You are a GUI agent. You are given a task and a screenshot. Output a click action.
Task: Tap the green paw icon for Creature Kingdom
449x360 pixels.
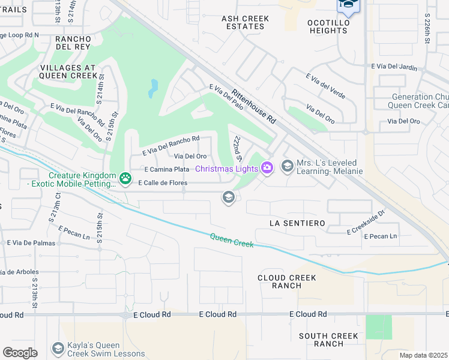(125, 178)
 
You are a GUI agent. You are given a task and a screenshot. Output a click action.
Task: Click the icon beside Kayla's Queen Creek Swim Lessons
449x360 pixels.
(58, 348)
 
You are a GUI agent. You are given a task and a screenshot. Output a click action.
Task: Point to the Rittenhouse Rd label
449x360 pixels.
(253, 106)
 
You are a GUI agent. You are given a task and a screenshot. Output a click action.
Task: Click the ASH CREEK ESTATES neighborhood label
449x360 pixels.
(246, 23)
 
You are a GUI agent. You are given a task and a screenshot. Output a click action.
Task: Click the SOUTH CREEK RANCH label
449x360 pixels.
(329, 340)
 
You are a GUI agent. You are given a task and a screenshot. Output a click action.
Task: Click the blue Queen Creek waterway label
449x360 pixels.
(232, 241)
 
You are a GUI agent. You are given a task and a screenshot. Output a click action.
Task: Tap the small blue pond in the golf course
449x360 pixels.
(154, 88)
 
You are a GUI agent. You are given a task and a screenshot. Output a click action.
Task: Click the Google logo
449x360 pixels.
(20, 352)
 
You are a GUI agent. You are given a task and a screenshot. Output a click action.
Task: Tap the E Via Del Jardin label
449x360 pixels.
(394, 66)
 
